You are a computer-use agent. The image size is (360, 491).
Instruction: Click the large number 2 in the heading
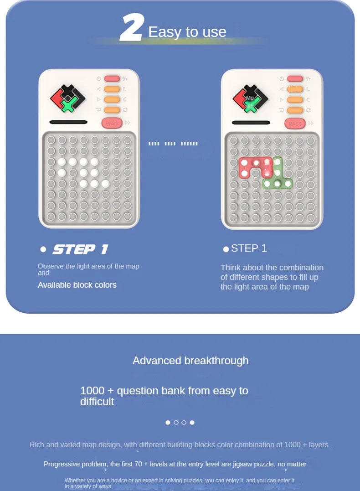[133, 28]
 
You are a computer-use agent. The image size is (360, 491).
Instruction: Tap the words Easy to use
[187, 32]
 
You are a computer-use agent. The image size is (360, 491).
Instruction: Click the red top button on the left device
[112, 79]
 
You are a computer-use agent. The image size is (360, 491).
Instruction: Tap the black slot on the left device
[68, 122]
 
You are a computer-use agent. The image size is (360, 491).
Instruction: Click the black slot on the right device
[251, 122]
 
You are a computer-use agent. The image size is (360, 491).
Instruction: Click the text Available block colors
[77, 285]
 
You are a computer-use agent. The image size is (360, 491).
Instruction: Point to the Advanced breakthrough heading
[190, 361]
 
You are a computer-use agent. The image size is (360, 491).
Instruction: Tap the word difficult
[97, 402]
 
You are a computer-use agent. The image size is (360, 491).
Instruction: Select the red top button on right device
[295, 79]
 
